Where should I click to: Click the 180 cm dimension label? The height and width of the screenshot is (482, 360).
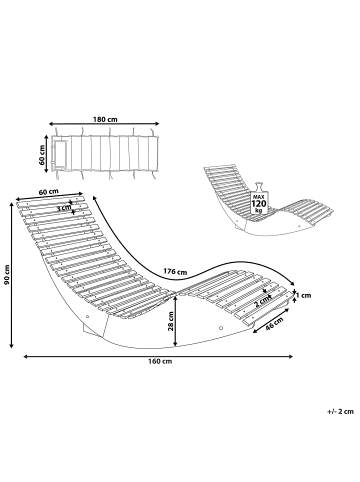[x=105, y=119]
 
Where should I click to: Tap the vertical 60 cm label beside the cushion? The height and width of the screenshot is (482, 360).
[x=42, y=155]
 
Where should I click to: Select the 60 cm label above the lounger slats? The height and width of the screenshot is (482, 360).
[x=49, y=192]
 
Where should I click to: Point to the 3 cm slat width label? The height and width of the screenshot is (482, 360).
[x=64, y=208]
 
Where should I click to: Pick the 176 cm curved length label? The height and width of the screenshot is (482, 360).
[x=175, y=271]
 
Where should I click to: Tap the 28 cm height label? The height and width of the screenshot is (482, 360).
[x=171, y=321]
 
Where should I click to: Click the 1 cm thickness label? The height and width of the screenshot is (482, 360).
[x=304, y=295]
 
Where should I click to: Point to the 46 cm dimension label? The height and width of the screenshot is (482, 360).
[x=274, y=324]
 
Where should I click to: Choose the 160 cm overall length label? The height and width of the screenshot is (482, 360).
[x=160, y=361]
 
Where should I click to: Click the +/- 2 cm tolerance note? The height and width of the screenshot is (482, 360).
[x=340, y=411]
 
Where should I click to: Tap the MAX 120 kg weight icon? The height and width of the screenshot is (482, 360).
[x=259, y=198]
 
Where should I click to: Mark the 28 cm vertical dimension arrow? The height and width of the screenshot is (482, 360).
[x=176, y=321]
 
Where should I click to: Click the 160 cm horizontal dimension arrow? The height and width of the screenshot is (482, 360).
[x=158, y=356]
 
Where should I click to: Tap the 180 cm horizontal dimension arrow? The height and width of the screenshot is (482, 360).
[x=104, y=124]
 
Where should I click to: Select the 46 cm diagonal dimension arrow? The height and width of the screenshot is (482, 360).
[x=271, y=320]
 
